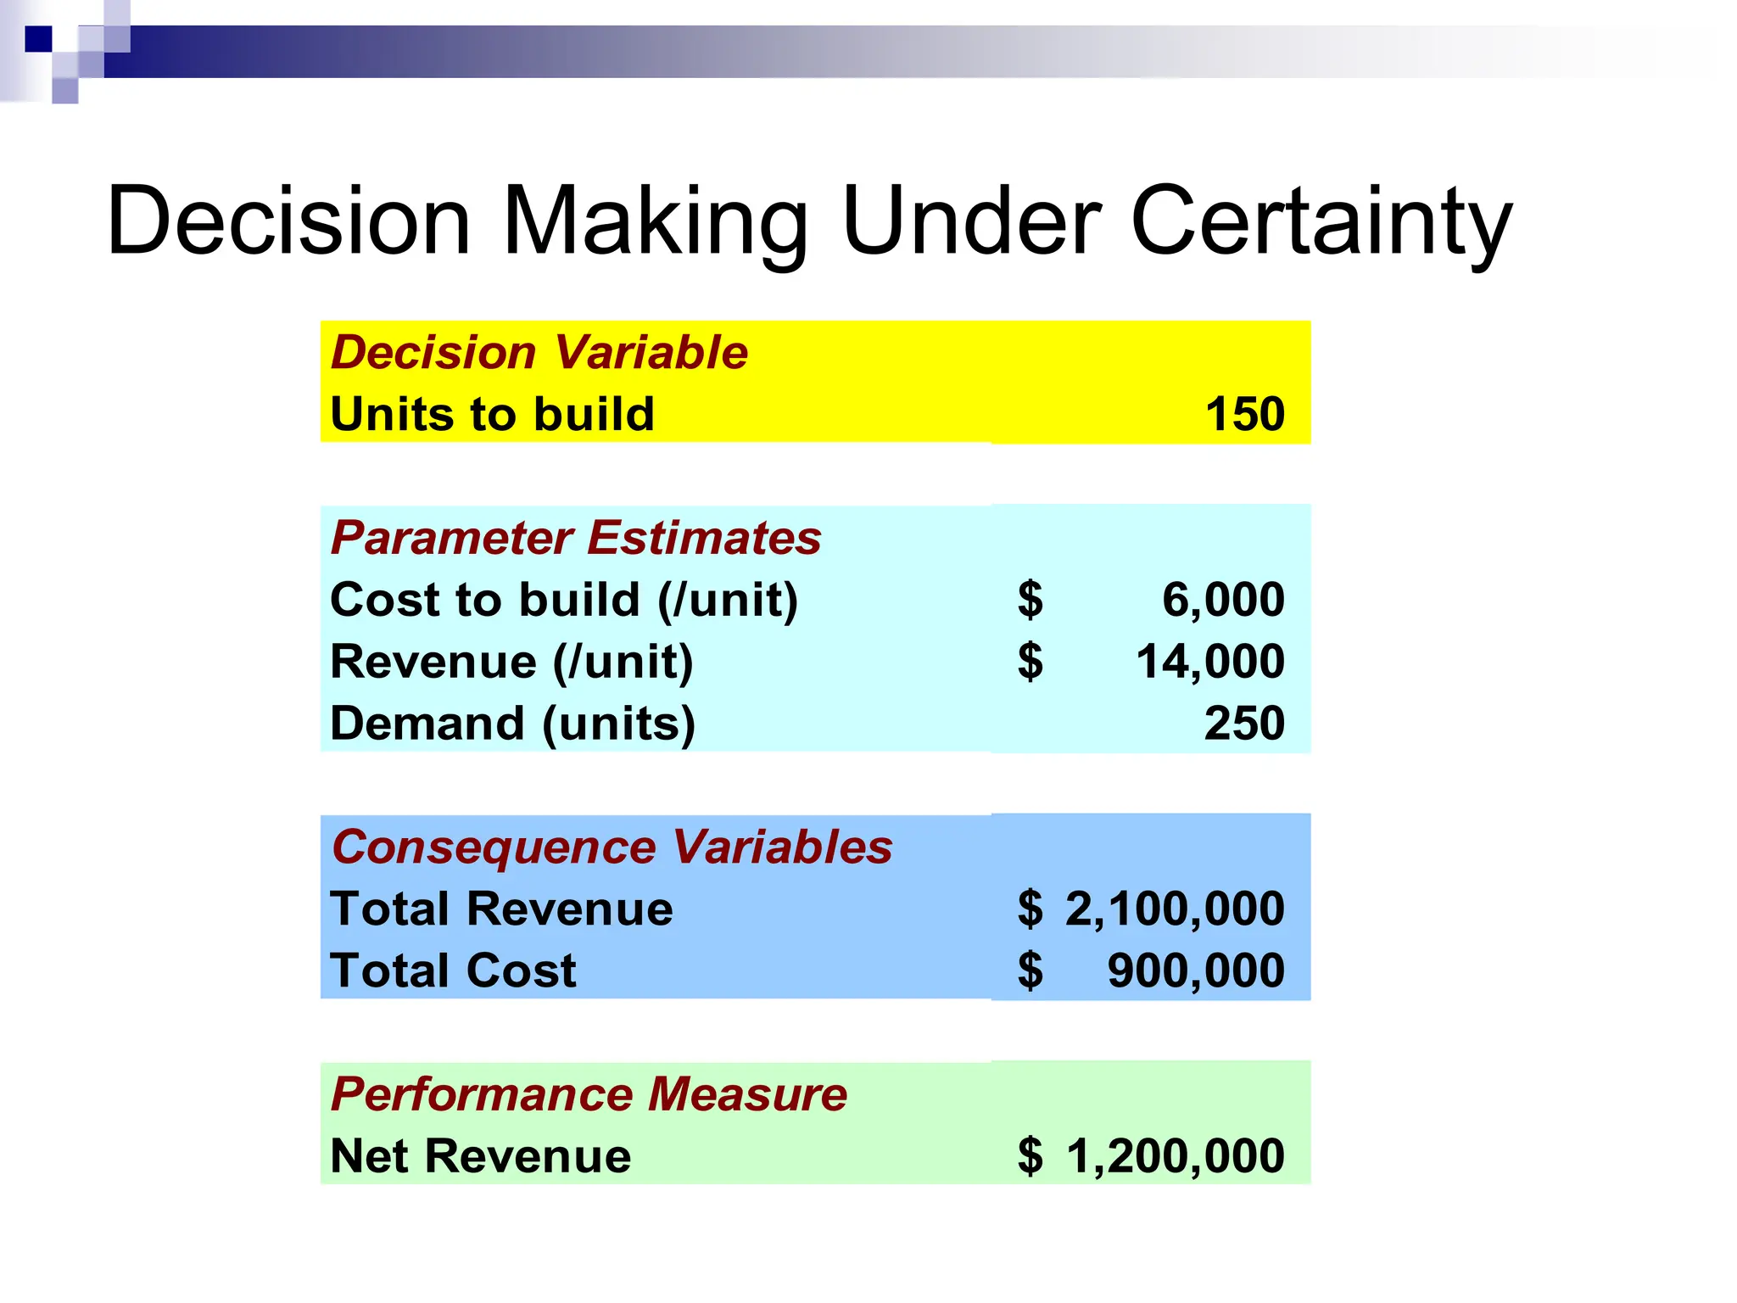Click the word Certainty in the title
tap(1321, 222)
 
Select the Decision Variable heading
tap(539, 352)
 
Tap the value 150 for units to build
tap(1244, 414)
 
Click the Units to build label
tap(492, 414)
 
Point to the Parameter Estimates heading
tap(576, 538)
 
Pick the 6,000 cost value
tap(1222, 600)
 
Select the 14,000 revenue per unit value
tap(1209, 662)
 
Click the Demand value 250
tap(1244, 724)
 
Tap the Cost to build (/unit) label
tap(564, 600)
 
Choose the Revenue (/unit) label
tap(511, 662)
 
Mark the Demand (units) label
tap(512, 724)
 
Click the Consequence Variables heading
tap(612, 847)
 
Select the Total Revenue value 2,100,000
tap(1175, 909)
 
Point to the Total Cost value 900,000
tap(1196, 970)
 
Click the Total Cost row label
tap(453, 970)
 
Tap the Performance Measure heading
tap(589, 1094)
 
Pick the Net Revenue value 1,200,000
tap(1175, 1156)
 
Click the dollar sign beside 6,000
tap(1030, 600)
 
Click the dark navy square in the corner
tap(38, 39)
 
